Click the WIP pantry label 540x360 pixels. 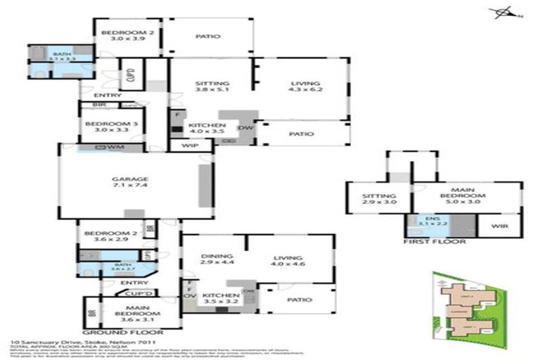click(x=188, y=146)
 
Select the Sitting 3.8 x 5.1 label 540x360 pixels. click(x=212, y=86)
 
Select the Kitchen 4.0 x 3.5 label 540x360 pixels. click(x=206, y=128)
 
